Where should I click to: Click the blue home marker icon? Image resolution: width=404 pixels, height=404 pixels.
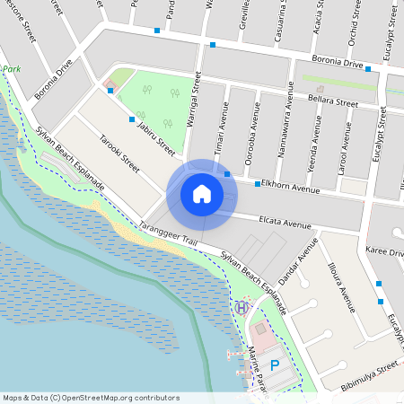202,194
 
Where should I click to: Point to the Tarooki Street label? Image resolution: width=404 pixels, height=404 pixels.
119,154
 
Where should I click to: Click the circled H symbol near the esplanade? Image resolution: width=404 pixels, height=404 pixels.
241,307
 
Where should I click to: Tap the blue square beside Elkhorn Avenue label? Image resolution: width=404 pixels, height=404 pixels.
258,184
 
